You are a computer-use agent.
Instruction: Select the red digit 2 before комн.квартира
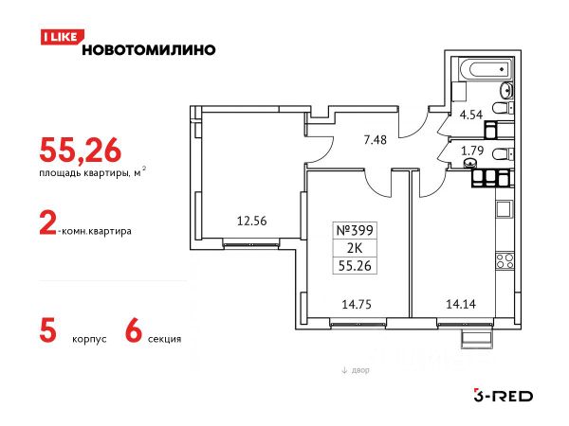coord(46,228)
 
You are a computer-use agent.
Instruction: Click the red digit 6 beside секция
coord(134,332)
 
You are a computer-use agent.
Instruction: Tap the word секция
coord(164,337)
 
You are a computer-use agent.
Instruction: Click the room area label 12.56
coord(250,223)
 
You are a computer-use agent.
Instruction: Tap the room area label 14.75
coord(357,304)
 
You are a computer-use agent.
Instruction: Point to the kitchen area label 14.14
coord(462,304)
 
